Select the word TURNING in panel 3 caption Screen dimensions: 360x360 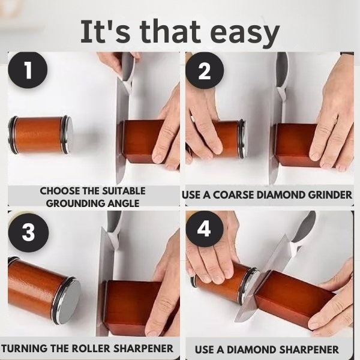(25, 349)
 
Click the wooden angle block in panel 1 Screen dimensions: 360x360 (141, 141)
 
